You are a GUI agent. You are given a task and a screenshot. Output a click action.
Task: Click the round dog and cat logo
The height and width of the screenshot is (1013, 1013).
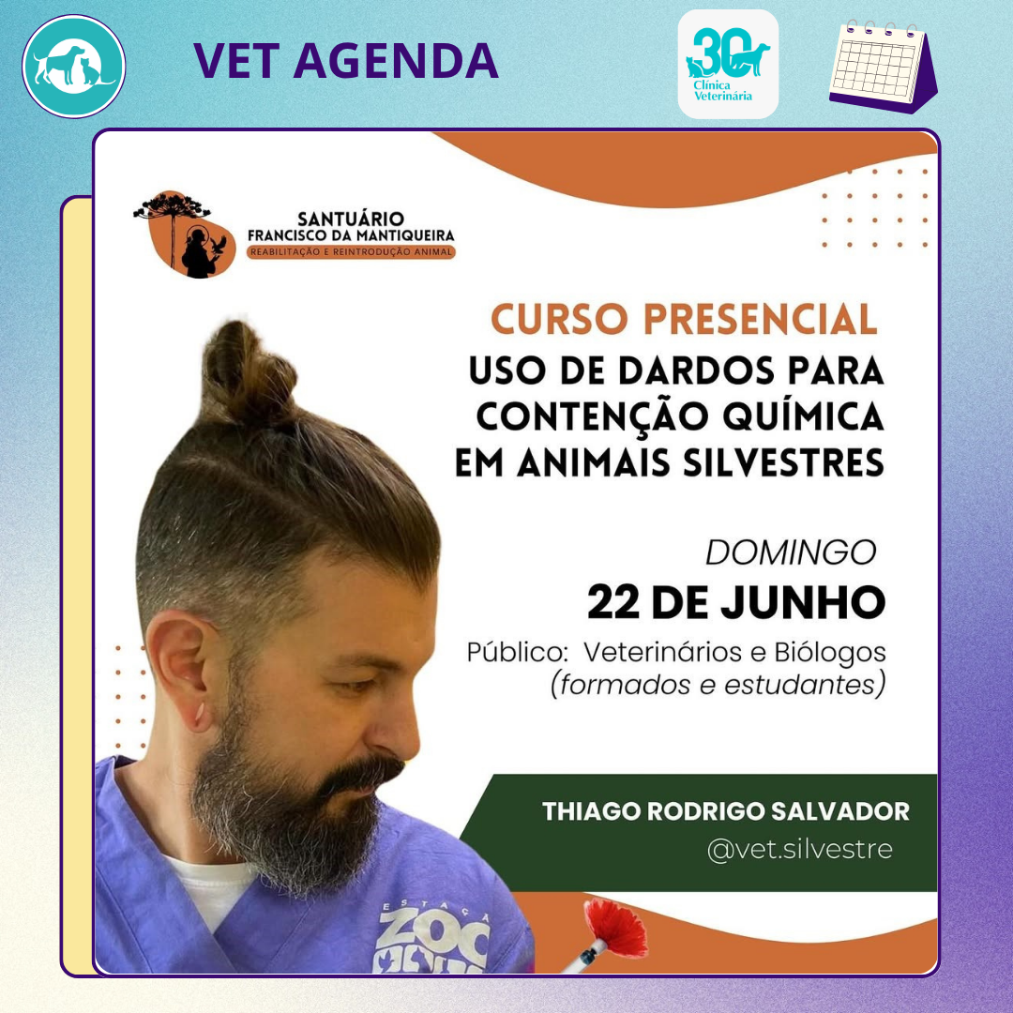tap(74, 67)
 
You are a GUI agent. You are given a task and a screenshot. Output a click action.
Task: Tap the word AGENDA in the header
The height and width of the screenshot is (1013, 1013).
tap(396, 61)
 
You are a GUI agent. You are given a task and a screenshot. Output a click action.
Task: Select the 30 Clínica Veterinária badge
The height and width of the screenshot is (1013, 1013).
tap(728, 64)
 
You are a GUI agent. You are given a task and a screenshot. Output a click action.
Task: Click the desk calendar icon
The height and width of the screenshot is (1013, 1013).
tap(884, 66)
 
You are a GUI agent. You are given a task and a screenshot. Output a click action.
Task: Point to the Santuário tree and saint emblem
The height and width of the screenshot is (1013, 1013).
tap(184, 234)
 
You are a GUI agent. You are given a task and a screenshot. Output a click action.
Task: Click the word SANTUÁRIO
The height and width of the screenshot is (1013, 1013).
tap(351, 219)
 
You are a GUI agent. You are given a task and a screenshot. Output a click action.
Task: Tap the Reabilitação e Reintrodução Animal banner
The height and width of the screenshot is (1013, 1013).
tap(351, 252)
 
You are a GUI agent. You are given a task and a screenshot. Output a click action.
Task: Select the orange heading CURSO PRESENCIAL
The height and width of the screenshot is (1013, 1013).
tap(684, 319)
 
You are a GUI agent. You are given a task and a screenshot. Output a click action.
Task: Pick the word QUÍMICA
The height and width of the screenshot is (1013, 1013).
tap(803, 416)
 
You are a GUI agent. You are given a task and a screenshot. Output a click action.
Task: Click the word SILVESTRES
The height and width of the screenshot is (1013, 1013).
tap(783, 462)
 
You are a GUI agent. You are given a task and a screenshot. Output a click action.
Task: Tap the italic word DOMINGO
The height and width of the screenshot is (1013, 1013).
tap(791, 552)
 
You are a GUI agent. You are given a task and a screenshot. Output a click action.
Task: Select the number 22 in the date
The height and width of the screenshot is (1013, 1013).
tap(613, 602)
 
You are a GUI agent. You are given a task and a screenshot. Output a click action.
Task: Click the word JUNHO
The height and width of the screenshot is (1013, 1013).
tap(803, 602)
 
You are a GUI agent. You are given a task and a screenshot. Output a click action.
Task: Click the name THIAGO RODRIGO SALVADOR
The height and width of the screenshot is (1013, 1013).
tap(725, 811)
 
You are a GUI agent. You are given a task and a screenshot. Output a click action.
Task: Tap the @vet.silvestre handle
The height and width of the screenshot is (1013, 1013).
tap(800, 849)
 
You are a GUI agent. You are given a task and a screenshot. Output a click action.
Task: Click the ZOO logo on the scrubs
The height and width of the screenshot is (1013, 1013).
tap(432, 938)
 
